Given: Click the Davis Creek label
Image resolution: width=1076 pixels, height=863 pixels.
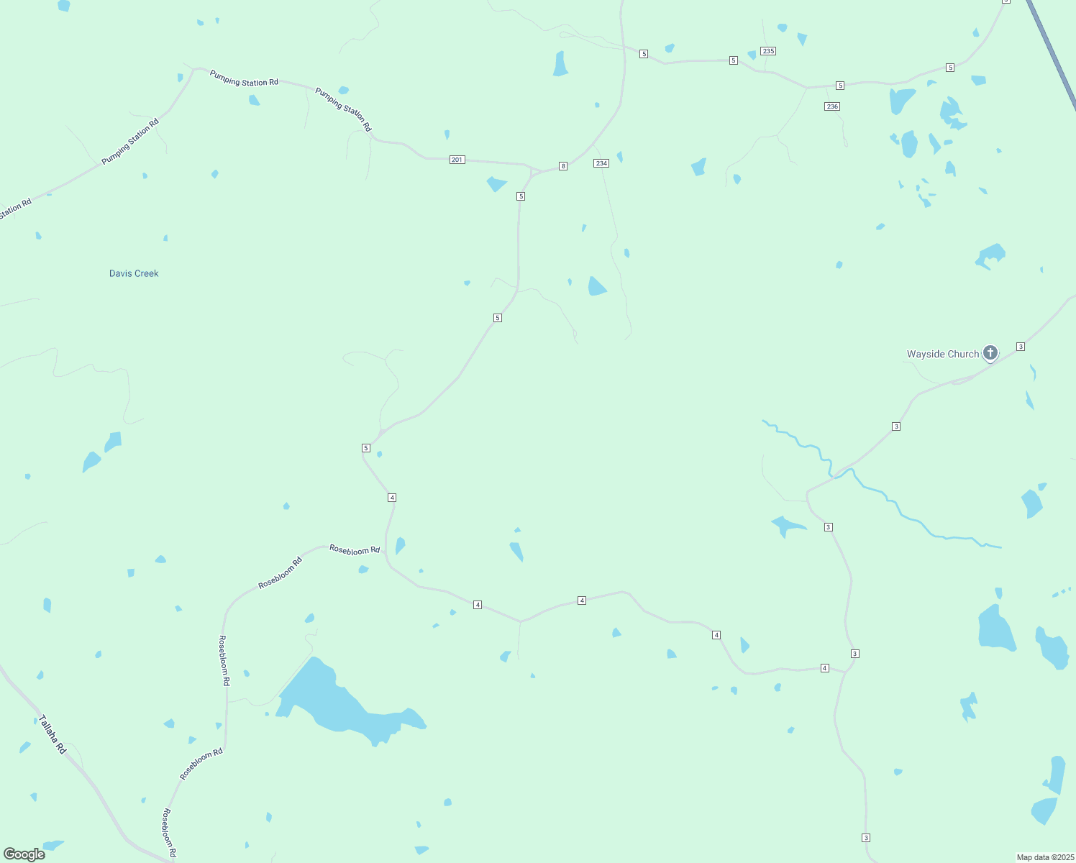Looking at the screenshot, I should (134, 273).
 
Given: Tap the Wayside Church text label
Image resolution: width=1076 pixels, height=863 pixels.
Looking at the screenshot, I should (942, 354).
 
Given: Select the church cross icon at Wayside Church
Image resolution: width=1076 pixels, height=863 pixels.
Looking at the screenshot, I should (990, 352).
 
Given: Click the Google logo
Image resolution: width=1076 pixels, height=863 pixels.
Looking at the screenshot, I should (24, 854).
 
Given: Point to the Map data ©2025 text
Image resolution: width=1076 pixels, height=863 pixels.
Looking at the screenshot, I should (1044, 857).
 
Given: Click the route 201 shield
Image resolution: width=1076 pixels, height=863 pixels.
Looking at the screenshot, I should (457, 160).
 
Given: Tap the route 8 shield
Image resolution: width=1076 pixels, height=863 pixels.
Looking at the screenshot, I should (563, 166).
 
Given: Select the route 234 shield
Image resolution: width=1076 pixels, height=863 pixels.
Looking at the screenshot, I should (601, 163).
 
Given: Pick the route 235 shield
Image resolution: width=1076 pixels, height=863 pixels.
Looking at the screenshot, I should (768, 51).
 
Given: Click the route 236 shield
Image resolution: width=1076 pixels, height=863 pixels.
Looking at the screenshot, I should (832, 106).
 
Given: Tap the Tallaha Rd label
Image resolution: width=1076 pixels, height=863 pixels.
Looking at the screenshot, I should (53, 734).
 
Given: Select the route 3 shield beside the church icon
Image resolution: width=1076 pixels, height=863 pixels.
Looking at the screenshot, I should (1021, 347).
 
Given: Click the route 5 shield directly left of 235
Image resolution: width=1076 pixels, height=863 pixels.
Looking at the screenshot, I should (734, 60).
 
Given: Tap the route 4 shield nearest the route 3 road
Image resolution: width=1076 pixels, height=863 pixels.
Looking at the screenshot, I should (825, 668).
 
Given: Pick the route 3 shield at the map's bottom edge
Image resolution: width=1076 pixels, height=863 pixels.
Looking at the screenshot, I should (866, 838).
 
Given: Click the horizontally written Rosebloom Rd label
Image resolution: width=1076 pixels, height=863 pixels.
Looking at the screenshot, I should (355, 550).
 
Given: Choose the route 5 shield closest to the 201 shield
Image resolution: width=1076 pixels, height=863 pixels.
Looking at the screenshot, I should (521, 196).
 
